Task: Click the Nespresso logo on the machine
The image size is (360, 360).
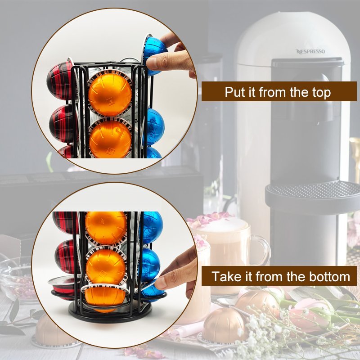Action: click(x=310, y=51)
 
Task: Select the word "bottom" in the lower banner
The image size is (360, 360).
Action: click(x=329, y=276)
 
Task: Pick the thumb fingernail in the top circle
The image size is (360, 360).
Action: click(x=152, y=63)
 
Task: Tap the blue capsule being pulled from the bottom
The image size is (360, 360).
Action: click(x=152, y=292)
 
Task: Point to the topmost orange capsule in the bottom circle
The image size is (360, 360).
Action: click(x=106, y=228)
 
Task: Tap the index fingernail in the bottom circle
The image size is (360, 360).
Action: click(x=160, y=284)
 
